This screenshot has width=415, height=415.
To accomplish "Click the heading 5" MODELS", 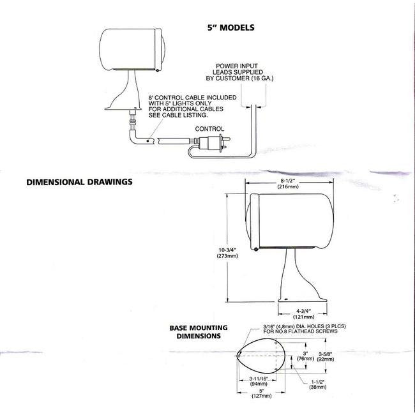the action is point(230,27).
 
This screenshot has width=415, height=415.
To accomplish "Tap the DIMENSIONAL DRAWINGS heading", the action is point(79,182).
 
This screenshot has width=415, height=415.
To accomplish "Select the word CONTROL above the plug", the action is point(209,129).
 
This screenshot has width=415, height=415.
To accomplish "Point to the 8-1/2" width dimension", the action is point(288,181).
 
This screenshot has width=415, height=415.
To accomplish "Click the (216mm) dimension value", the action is point(288,187).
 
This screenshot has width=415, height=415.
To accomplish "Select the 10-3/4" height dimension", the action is point(227,250).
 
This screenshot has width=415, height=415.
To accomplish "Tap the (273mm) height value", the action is point(227,256).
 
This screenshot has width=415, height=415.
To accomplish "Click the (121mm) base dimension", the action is point(303,317).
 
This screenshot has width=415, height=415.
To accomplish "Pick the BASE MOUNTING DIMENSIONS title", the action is point(199,332).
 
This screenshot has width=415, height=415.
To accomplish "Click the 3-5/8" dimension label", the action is point(326,354).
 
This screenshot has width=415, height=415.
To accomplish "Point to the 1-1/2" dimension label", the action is point(317,382).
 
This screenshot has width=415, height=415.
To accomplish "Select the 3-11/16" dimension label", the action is point(259,379).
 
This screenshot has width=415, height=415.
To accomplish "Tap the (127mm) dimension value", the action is point(262,396).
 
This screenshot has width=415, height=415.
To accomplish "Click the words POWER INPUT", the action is point(237,66).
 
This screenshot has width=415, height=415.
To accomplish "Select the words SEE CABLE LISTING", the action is point(178,116).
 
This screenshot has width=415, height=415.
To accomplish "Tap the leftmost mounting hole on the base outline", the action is point(239,356).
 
